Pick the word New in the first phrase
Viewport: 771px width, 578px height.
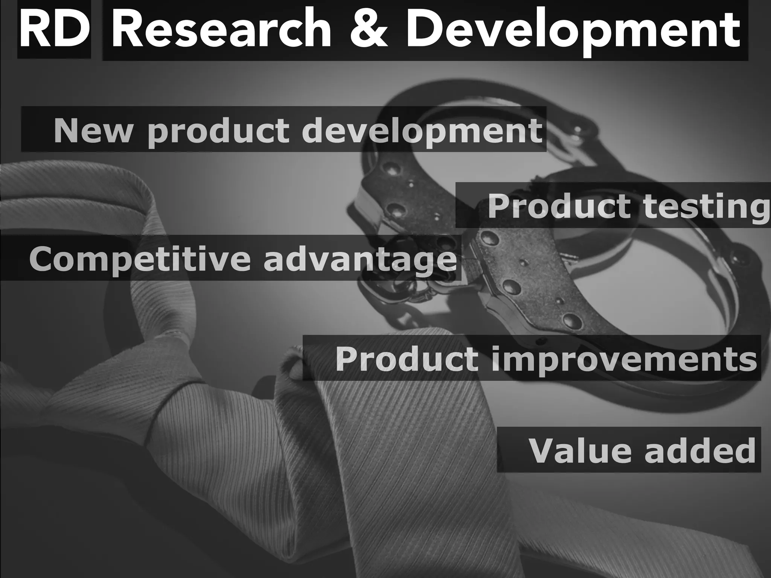93,131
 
